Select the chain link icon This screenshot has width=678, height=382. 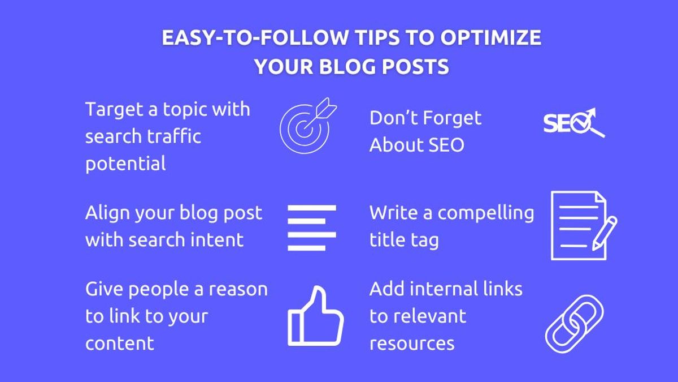coord(574,324)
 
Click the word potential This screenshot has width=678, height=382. coord(125,164)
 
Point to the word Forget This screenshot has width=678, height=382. coord(451,118)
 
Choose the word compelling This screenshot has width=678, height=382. coord(485,213)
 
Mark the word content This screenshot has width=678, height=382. coord(120,343)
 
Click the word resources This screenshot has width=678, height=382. coord(412,343)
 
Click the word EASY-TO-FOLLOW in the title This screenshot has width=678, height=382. coord(254,38)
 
